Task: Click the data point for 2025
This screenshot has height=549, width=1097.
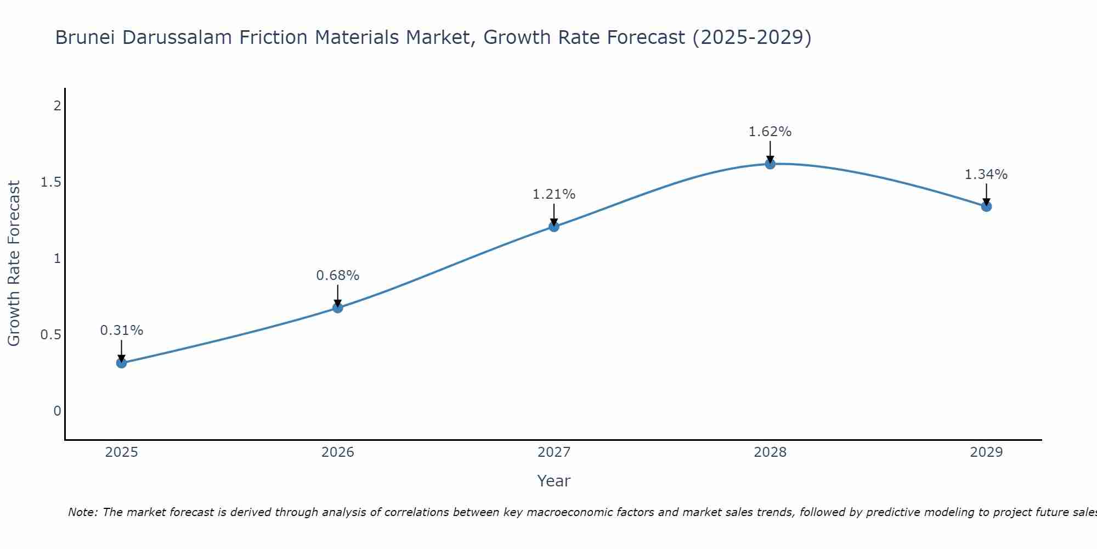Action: [x=122, y=363]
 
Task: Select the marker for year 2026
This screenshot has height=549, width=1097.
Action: [x=338, y=307]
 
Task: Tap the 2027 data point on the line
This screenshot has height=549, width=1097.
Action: [x=554, y=226]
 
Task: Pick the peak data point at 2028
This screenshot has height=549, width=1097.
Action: [x=770, y=164]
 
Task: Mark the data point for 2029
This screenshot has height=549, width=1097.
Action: [x=986, y=206]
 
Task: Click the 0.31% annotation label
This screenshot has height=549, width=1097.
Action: [x=122, y=330]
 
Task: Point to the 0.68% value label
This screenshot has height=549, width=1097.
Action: [x=338, y=276]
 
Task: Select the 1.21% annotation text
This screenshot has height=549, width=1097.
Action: [x=554, y=194]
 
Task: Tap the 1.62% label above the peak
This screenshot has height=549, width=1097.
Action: [x=770, y=132]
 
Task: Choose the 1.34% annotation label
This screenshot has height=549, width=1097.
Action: [x=986, y=175]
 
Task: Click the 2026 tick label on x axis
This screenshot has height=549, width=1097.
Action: [x=338, y=452]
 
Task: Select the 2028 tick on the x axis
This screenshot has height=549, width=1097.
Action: [x=770, y=452]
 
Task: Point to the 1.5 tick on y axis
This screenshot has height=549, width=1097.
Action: [x=50, y=182]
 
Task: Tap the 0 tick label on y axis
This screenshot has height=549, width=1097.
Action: [x=57, y=411]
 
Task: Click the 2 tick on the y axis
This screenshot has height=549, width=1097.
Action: [x=57, y=106]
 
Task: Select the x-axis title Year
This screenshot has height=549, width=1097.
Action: [x=554, y=481]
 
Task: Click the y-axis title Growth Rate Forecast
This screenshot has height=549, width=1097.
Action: [x=14, y=264]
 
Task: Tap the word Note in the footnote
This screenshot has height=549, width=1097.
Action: [x=82, y=512]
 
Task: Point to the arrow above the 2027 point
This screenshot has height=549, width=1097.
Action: [x=554, y=214]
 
